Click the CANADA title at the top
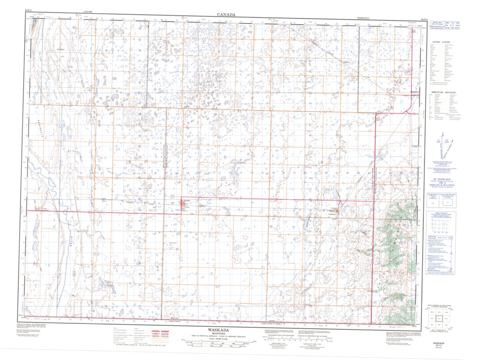pos(226,14)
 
